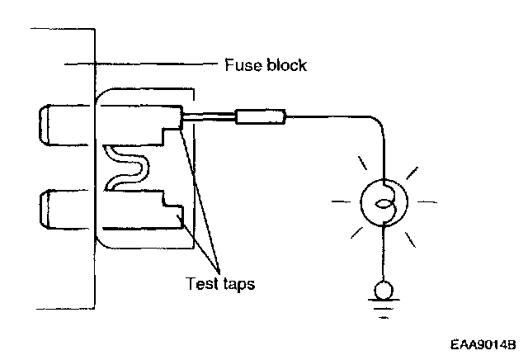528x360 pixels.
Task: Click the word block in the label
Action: click(x=285, y=64)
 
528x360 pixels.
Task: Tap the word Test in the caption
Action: click(x=202, y=283)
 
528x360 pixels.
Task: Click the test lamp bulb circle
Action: click(x=382, y=201)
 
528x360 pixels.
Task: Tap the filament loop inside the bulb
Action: click(x=382, y=201)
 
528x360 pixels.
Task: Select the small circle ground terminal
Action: click(x=382, y=291)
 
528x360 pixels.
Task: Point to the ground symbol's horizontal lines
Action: click(x=382, y=312)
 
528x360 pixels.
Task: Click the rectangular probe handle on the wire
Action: click(x=261, y=117)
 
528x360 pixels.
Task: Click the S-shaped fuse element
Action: click(x=126, y=165)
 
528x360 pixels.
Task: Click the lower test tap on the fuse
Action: click(x=172, y=216)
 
